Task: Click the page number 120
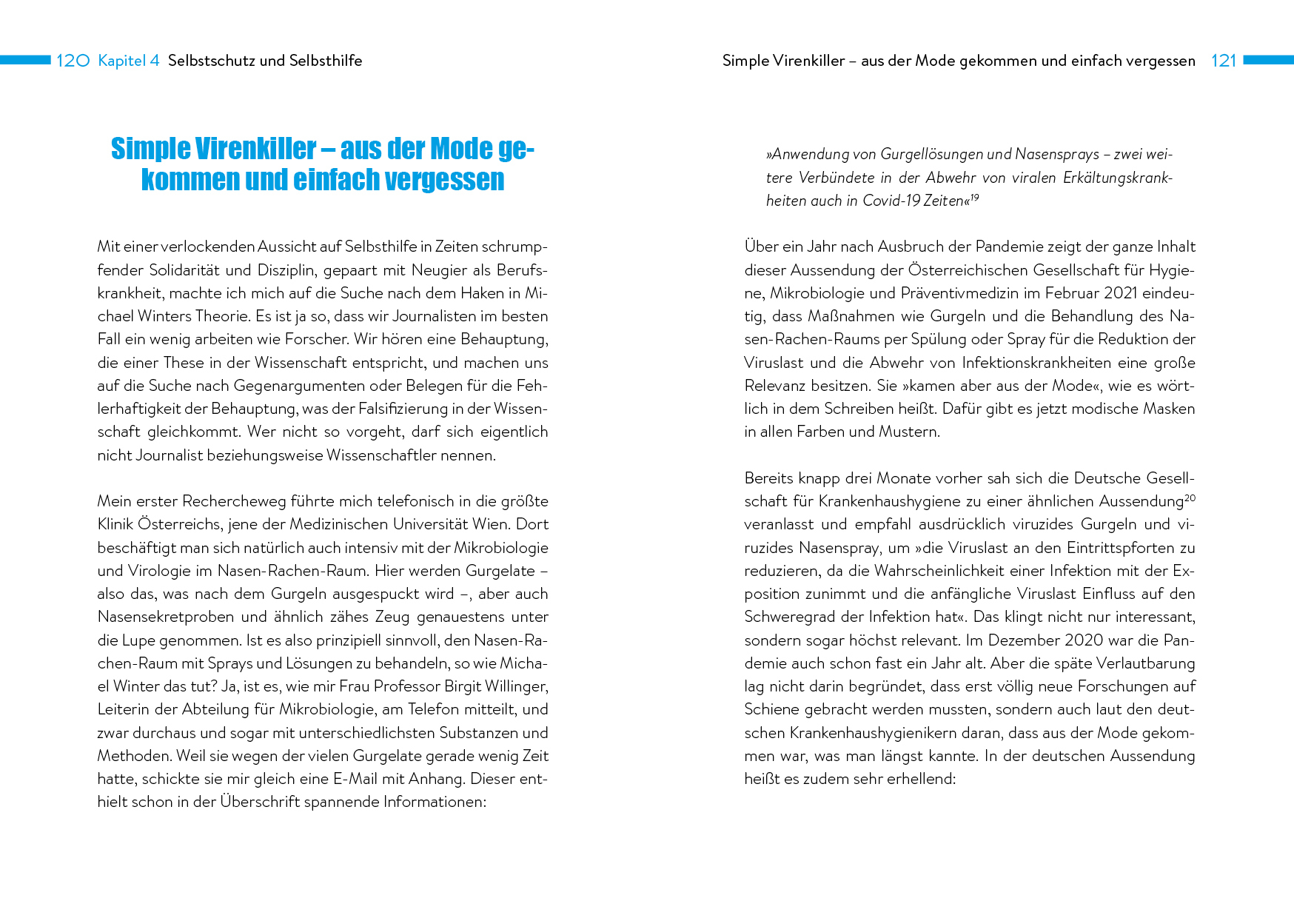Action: click(73, 61)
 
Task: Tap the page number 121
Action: click(1224, 61)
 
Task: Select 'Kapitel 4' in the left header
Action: click(129, 61)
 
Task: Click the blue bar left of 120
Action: click(25, 60)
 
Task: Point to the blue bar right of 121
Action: click(1268, 60)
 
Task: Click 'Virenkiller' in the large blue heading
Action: click(255, 149)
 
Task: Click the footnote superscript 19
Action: click(974, 198)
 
